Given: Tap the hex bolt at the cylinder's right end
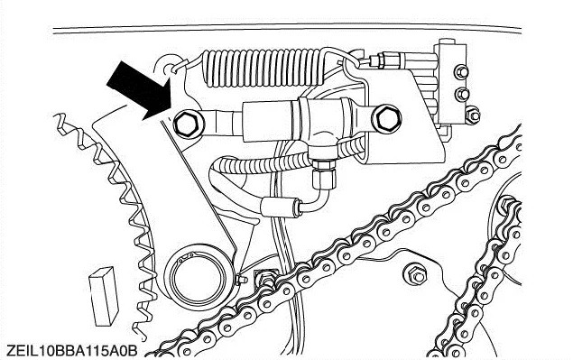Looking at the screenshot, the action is pos(386,117).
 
